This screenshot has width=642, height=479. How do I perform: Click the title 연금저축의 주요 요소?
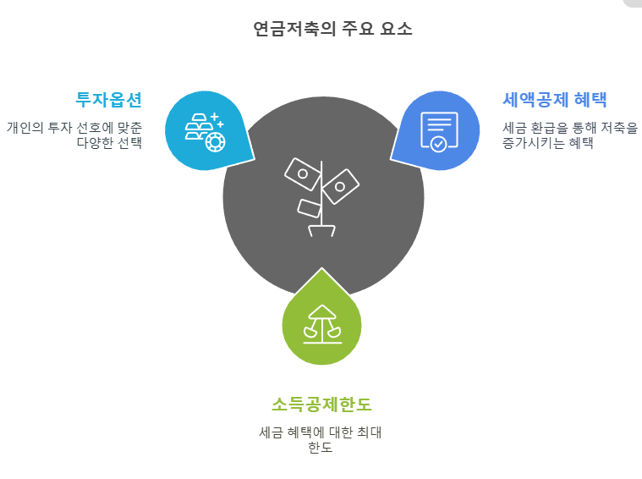click(333, 29)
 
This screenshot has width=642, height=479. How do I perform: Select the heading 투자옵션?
click(109, 100)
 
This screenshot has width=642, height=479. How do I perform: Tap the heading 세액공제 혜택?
click(555, 100)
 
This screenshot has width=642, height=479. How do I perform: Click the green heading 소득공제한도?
click(321, 404)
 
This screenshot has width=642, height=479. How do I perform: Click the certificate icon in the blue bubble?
click(438, 130)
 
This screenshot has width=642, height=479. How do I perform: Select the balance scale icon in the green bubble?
click(321, 324)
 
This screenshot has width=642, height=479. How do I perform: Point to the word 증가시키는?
click(530, 143)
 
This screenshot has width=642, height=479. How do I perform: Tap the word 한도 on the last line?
click(321, 448)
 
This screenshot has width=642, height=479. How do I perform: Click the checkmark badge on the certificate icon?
click(438, 143)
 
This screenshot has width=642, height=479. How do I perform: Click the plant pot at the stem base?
click(321, 229)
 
